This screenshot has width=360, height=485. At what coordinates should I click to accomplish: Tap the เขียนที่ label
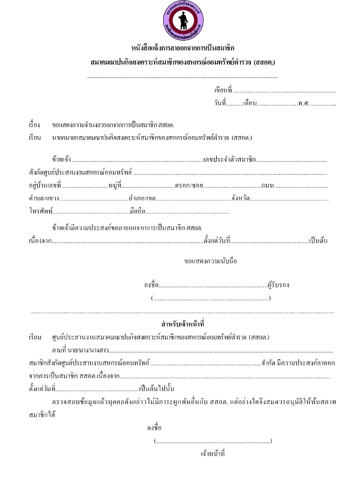coord(223,90)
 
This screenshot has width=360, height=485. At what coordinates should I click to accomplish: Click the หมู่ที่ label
coord(115,186)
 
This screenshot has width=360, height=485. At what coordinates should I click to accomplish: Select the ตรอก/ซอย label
coord(189,186)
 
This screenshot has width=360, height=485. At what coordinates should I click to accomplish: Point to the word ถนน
coord(267,186)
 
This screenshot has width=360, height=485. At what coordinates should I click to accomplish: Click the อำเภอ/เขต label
coord(142,199)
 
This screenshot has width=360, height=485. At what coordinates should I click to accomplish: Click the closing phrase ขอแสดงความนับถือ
coord(211,261)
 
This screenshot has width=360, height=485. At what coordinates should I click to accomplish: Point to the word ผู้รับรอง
coord(278,285)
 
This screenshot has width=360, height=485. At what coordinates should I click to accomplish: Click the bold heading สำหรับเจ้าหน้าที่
coord(183,324)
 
